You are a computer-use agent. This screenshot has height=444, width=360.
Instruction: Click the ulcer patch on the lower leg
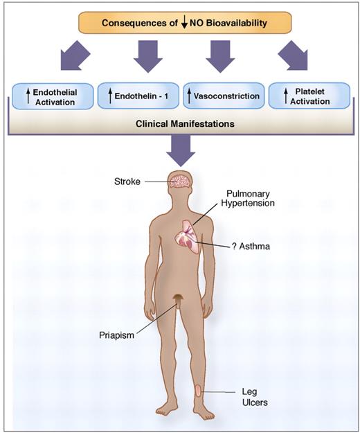tap(199, 390)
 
